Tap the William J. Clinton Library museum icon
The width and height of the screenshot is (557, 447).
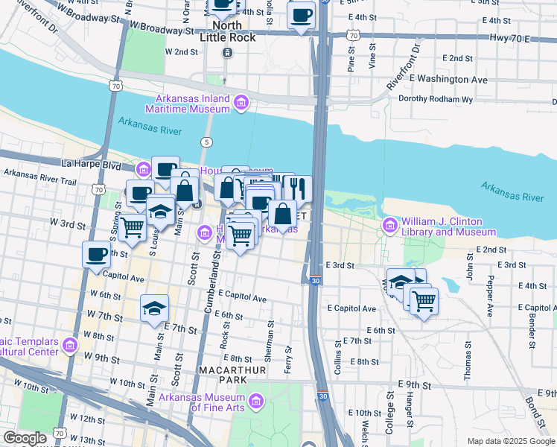point(390,225)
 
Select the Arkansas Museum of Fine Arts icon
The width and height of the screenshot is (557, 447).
point(256,402)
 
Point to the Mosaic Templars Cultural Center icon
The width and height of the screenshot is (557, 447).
point(71,345)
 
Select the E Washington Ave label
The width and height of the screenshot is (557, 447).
point(447,79)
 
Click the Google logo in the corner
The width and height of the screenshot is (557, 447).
point(25,438)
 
